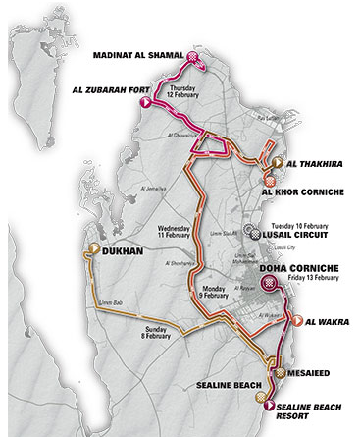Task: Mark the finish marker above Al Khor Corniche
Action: [270, 178]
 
